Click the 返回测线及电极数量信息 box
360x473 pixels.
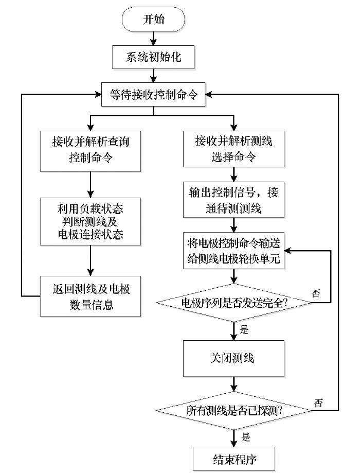[91, 296]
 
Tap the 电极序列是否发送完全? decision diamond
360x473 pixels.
[235, 304]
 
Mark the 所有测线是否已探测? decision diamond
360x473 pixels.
[235, 411]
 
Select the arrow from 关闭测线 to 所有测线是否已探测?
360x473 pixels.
[235, 383]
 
